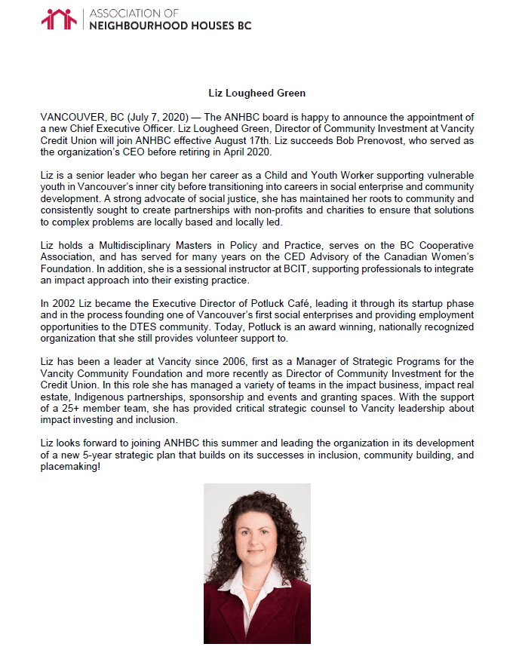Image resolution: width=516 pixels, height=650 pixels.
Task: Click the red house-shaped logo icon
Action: pyautogui.click(x=60, y=20)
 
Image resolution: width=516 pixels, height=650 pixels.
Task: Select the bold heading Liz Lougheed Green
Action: pyautogui.click(x=257, y=93)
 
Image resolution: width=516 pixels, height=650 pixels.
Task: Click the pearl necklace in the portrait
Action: pyautogui.click(x=256, y=586)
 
